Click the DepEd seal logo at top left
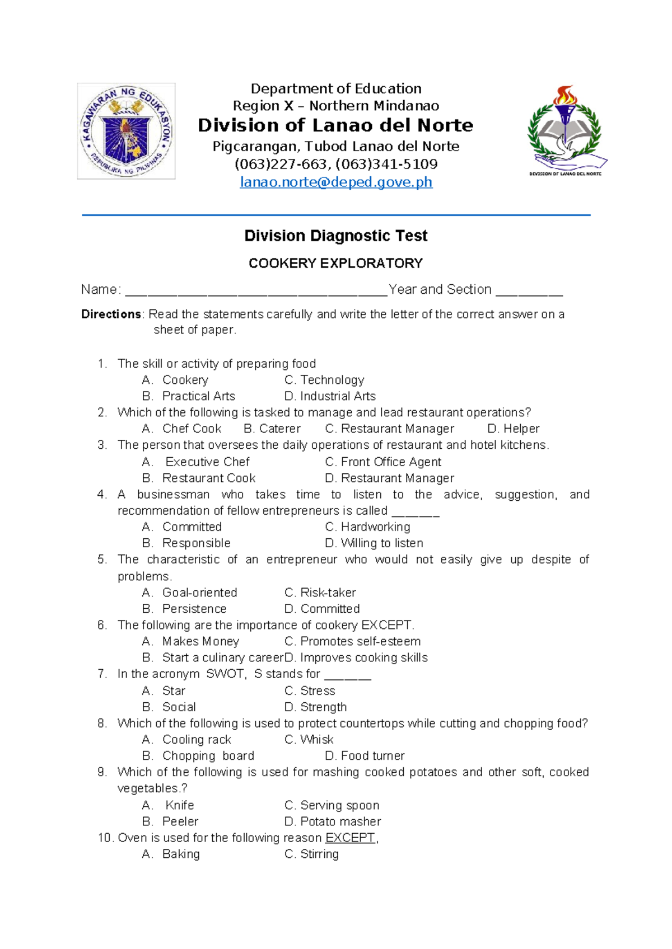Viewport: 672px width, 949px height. tap(126, 131)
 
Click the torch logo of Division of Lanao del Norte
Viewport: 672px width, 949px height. tap(566, 130)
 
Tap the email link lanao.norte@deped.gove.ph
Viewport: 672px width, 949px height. tap(336, 182)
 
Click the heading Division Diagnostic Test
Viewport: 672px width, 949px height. tap(335, 236)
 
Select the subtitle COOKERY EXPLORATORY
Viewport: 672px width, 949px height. tap(335, 263)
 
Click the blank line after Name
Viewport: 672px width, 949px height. tap(256, 291)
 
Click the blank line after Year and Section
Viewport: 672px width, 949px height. tap(529, 291)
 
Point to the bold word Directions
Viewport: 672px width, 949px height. tap(111, 314)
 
